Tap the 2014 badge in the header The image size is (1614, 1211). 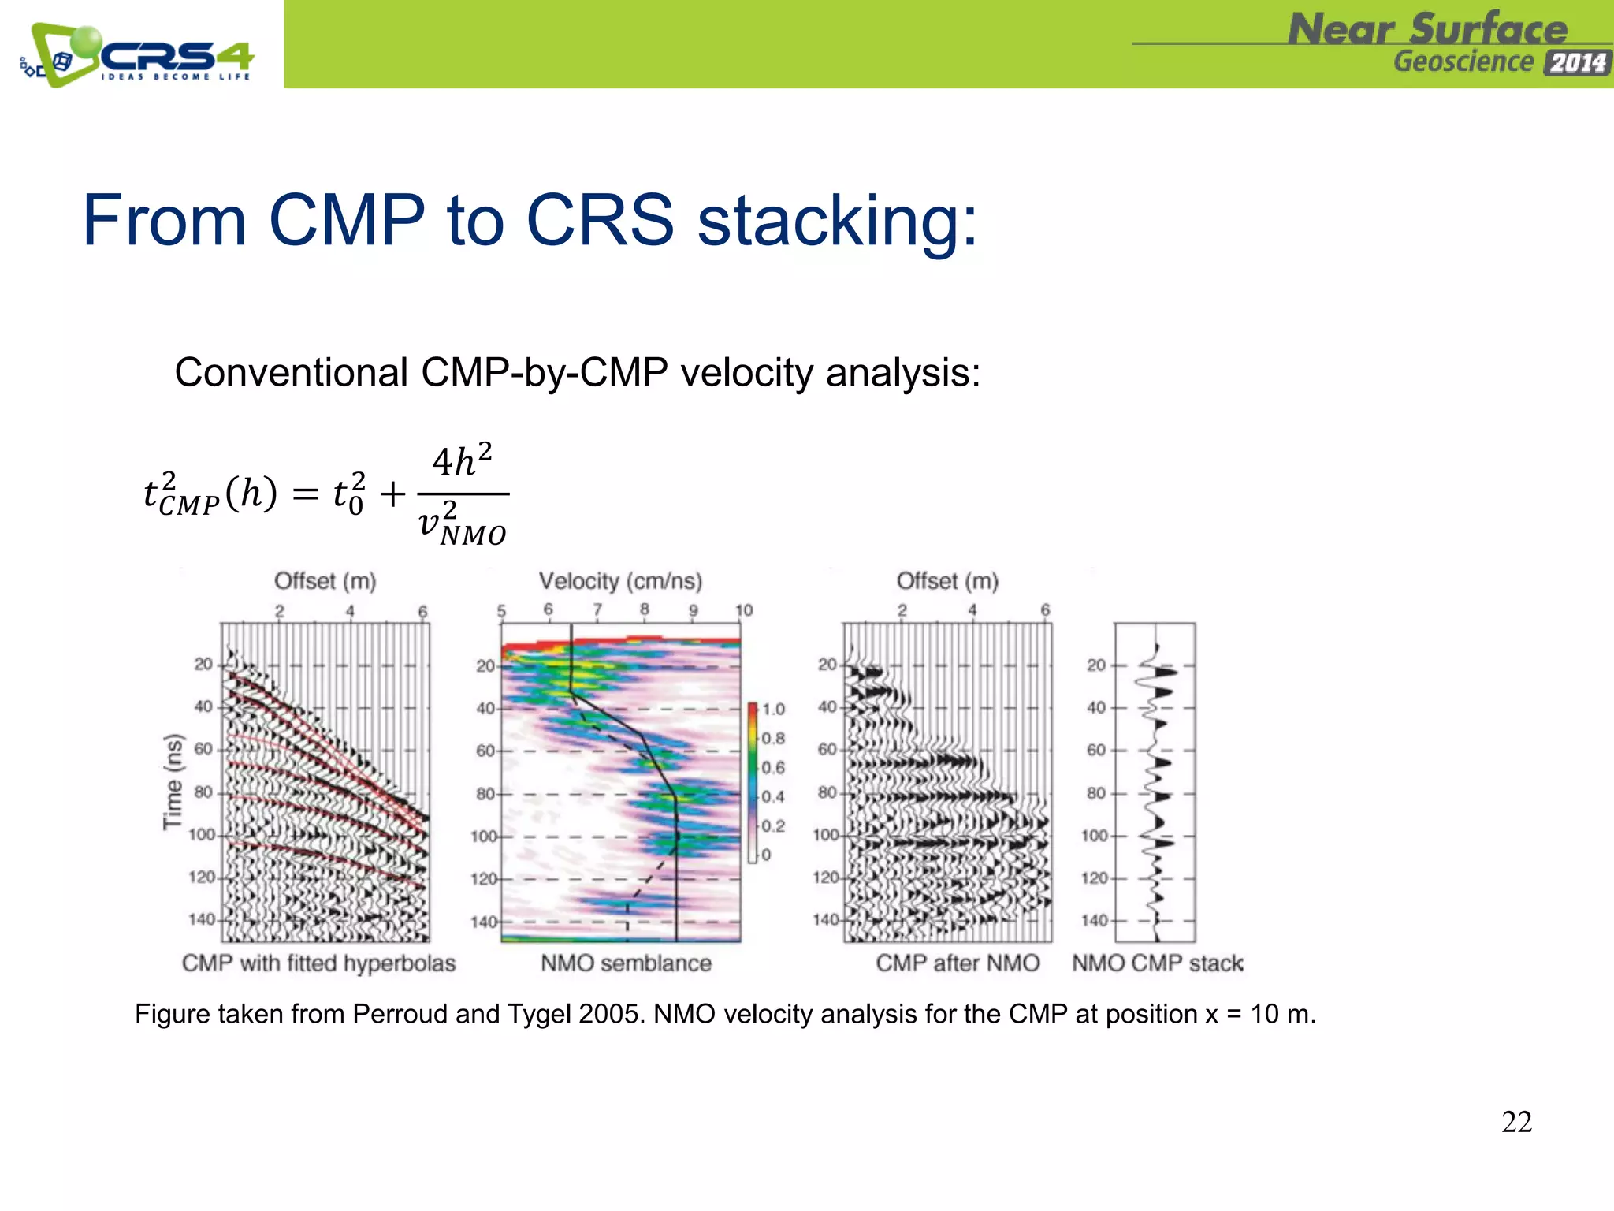(x=1578, y=62)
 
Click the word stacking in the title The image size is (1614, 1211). (x=837, y=221)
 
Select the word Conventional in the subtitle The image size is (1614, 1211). (x=291, y=372)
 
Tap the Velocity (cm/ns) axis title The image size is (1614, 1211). (x=620, y=581)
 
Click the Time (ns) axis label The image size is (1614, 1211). (x=173, y=781)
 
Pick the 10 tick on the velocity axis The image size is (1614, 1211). (x=743, y=610)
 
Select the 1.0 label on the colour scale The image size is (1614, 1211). (x=773, y=709)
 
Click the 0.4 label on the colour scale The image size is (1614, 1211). (x=773, y=796)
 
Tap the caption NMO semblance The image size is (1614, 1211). (x=626, y=963)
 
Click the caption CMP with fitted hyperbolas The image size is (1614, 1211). (x=318, y=963)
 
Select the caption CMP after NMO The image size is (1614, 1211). (x=958, y=963)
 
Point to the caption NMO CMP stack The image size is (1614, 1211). (x=1157, y=963)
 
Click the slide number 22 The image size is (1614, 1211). (x=1516, y=1122)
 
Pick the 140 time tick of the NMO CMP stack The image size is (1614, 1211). (x=1095, y=920)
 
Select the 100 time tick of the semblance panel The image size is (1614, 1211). (x=484, y=836)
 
